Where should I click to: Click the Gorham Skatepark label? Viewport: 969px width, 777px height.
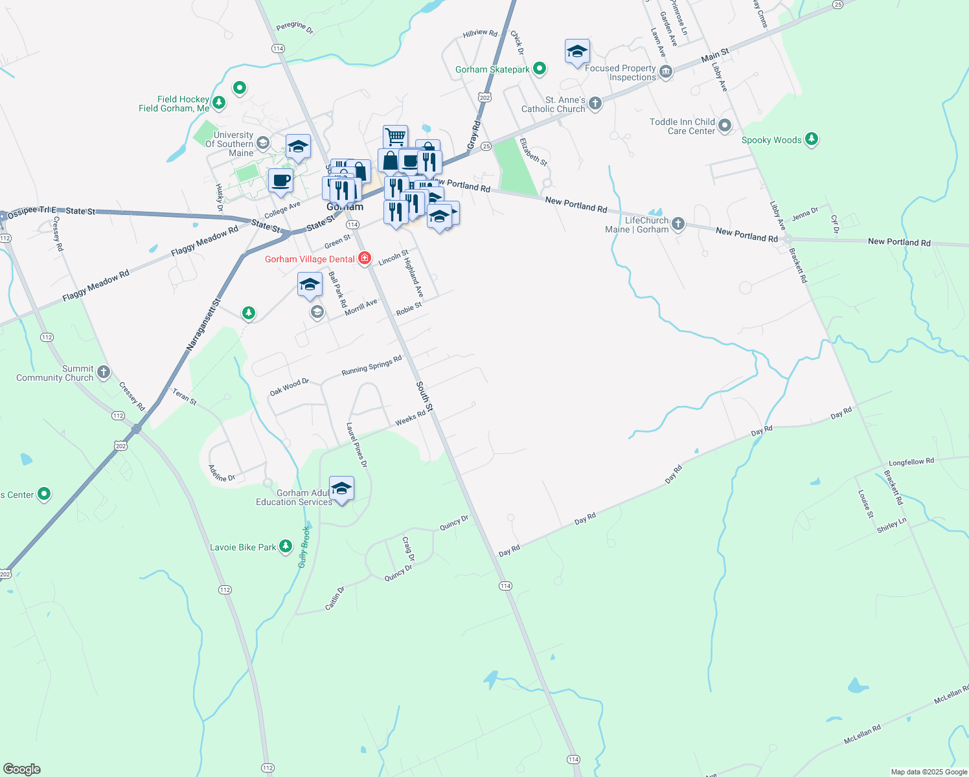(x=492, y=69)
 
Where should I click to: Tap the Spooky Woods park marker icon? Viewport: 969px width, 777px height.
(x=812, y=139)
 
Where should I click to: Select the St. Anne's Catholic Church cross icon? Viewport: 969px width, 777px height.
(x=595, y=103)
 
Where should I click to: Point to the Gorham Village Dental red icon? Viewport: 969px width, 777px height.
(x=365, y=259)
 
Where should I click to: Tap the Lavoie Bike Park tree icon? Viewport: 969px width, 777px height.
(x=285, y=547)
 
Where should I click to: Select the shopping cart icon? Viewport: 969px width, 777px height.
(x=395, y=137)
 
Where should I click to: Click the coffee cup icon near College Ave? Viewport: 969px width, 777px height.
(x=280, y=181)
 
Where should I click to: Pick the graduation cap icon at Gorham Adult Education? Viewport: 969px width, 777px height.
(x=341, y=488)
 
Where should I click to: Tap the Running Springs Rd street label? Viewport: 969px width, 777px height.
(x=372, y=365)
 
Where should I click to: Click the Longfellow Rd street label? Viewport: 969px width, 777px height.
(x=911, y=462)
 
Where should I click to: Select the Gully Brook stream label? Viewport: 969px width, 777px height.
(x=304, y=547)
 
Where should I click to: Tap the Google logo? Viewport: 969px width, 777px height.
(x=22, y=769)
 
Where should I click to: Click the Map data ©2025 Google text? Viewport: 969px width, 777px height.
(x=929, y=772)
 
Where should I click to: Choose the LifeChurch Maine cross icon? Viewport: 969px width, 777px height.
(x=678, y=224)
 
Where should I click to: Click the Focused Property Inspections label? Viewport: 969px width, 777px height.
(x=621, y=73)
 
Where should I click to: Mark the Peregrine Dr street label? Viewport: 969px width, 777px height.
(x=295, y=27)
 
